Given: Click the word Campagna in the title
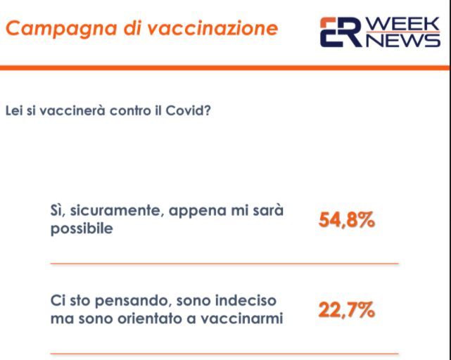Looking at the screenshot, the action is (x=61, y=29).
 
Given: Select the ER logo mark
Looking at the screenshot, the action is (x=341, y=32).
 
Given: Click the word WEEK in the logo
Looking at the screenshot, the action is (x=403, y=23).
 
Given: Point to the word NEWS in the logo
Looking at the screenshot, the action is (x=403, y=40).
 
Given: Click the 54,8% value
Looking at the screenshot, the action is (x=347, y=220).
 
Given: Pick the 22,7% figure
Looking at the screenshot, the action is (x=347, y=310).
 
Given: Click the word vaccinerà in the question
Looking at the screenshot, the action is (x=72, y=110).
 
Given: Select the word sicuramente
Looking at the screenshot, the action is (x=117, y=211).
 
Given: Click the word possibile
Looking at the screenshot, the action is (x=82, y=229).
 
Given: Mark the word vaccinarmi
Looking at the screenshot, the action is (x=242, y=319).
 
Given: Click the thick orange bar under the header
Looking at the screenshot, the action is (x=224, y=68).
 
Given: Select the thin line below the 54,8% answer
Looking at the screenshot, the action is (x=224, y=264).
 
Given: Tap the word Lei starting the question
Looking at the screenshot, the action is (x=14, y=110).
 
